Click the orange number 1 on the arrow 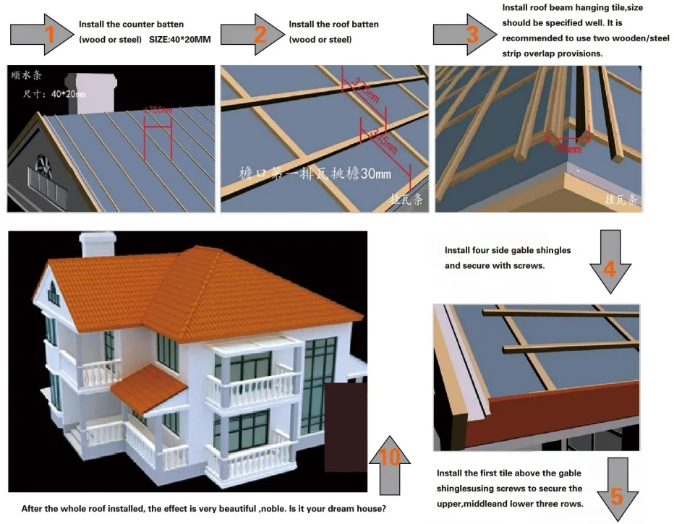tap(49, 35)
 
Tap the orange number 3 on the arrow tap(472, 34)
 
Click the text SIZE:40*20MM tap(179, 39)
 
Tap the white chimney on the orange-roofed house tap(98, 246)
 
